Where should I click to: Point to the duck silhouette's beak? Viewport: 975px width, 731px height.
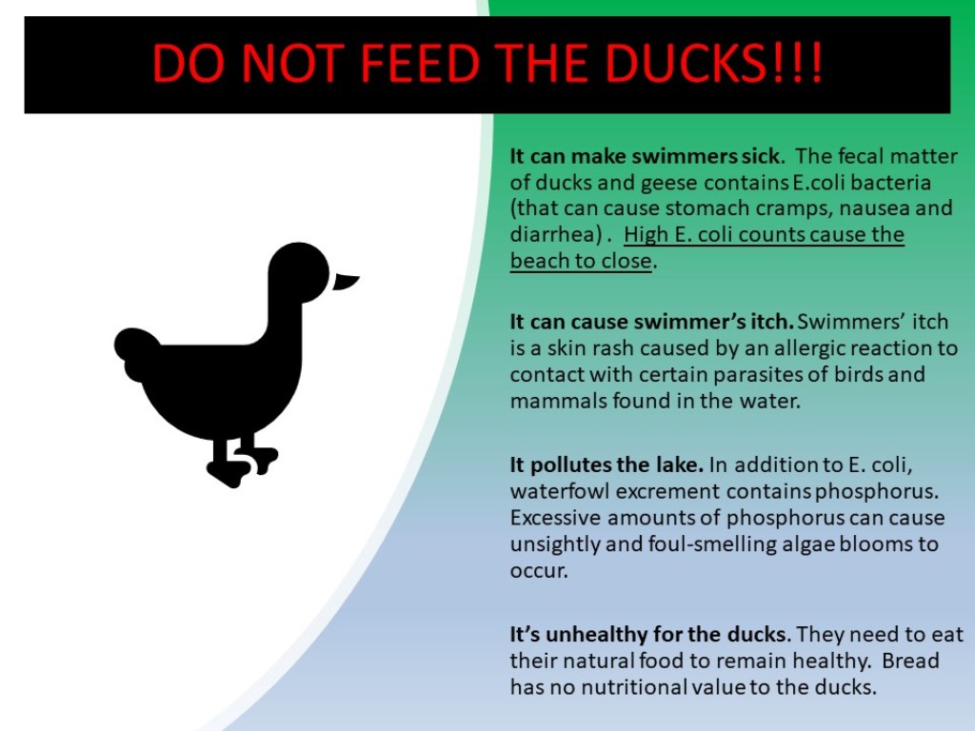tap(346, 281)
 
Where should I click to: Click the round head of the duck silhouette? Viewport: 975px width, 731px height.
tap(299, 272)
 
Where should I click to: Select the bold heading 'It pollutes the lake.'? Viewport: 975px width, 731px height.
tap(607, 464)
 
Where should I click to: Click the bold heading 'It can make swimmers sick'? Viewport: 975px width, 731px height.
tap(645, 156)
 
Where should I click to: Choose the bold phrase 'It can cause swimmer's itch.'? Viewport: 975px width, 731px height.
tap(651, 322)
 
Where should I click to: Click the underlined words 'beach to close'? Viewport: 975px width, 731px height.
tap(581, 261)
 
